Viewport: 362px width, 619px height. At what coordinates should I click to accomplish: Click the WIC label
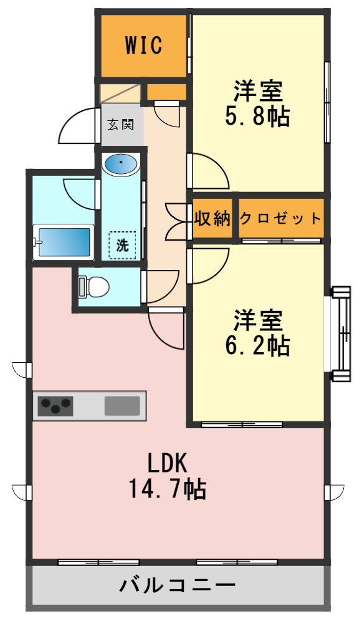click(143, 45)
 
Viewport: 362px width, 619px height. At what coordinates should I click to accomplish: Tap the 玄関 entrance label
click(120, 124)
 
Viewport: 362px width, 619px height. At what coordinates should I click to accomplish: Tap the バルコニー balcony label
click(178, 586)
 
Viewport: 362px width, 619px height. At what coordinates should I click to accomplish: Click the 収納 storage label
click(212, 219)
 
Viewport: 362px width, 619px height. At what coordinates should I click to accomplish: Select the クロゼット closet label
click(280, 219)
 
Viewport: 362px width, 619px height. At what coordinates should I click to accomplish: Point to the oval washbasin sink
click(120, 165)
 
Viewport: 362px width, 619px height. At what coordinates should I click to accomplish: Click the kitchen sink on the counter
click(121, 406)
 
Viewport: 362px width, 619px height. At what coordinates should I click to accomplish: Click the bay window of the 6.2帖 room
click(341, 333)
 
